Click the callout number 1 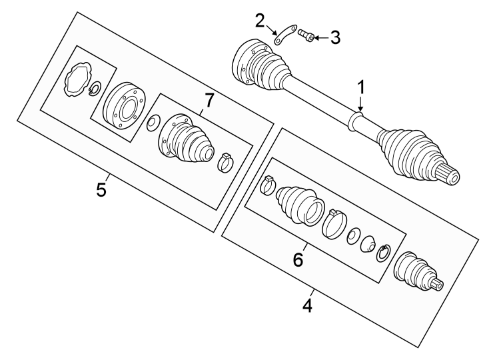[360, 88]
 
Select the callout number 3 [334, 37]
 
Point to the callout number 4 [307, 306]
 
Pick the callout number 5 [101, 190]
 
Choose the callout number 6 [298, 259]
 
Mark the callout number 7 [209, 100]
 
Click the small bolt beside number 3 [306, 35]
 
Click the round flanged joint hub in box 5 [123, 106]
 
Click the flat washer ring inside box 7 [153, 122]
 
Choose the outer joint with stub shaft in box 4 [414, 273]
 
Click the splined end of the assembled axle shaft [451, 177]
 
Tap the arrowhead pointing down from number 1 [360, 109]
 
